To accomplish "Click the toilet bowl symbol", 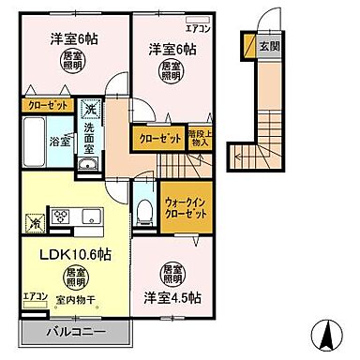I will tap(142, 210).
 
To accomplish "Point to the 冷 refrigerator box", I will tap(34, 224).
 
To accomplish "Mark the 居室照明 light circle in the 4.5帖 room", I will tap(170, 272).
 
